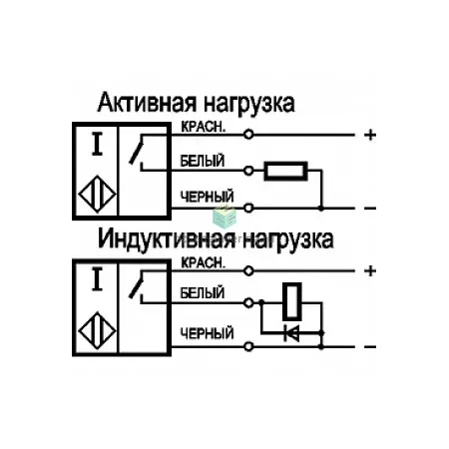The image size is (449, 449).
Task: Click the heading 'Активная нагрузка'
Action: click(196, 104)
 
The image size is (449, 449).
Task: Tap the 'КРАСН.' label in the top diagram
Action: click(204, 127)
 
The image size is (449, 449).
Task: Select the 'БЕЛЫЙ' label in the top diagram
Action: click(203, 162)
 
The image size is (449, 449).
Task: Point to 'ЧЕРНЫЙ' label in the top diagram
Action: click(207, 197)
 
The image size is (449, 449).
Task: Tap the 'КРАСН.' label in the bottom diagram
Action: click(204, 262)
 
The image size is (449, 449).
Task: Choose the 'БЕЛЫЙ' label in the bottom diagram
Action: click(203, 293)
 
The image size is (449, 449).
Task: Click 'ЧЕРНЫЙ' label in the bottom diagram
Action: click(207, 333)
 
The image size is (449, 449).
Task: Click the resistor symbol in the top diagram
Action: click(285, 171)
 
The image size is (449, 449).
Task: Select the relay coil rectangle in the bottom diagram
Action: click(292, 301)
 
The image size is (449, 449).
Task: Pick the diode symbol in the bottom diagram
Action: click(291, 333)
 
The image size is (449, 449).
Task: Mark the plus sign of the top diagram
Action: click(370, 135)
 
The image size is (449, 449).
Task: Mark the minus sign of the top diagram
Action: click(370, 209)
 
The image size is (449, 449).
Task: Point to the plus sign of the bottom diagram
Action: click(370, 271)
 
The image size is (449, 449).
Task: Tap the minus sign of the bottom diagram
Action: click(370, 347)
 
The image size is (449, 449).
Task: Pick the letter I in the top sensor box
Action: click(97, 144)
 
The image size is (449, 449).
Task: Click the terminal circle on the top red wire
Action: click(248, 135)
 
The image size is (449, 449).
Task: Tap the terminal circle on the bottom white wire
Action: click(248, 303)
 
